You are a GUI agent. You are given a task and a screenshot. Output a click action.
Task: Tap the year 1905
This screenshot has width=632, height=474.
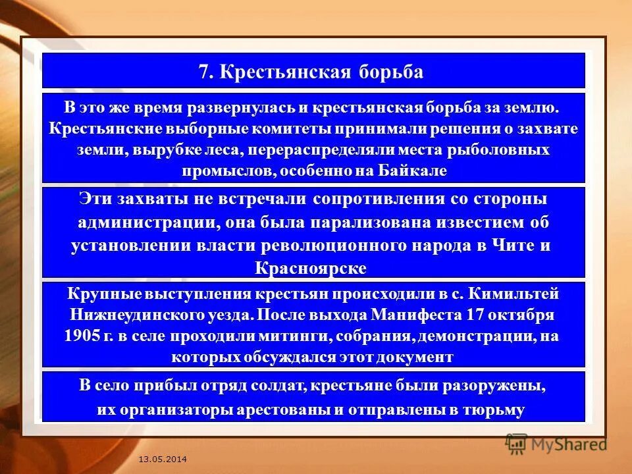click(x=82, y=336)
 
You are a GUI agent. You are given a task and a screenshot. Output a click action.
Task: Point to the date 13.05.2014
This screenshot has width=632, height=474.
click(x=163, y=458)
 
